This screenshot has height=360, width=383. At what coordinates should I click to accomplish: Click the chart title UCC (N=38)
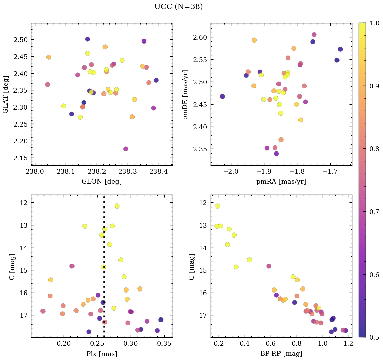(178, 7)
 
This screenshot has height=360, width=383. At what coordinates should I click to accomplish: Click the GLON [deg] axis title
(101, 182)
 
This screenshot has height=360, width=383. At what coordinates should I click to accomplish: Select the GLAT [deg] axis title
(6, 94)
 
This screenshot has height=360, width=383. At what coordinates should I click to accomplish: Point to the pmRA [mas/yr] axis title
(282, 182)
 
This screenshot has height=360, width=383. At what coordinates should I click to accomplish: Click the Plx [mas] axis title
(101, 354)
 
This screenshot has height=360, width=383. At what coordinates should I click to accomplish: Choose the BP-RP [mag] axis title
(282, 354)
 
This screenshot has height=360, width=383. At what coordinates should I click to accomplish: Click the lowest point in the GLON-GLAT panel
(126, 149)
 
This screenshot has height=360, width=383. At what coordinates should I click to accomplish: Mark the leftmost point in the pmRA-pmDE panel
(222, 96)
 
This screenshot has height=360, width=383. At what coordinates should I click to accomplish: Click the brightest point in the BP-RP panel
(217, 206)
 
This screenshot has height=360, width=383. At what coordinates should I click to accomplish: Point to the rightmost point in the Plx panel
(161, 320)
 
